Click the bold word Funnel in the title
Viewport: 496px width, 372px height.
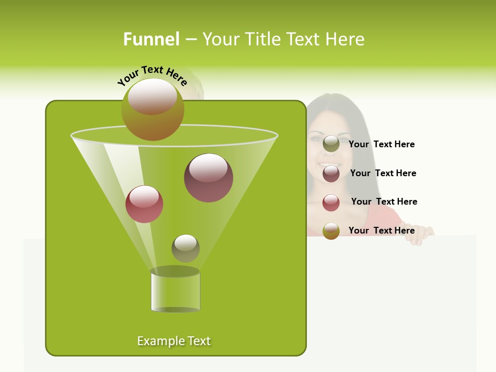point(151,39)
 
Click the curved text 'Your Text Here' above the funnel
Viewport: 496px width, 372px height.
point(152,75)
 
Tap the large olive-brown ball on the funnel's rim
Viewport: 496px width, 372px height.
point(152,109)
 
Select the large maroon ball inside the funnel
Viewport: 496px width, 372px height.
point(208,178)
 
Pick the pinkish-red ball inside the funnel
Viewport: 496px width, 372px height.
point(144,204)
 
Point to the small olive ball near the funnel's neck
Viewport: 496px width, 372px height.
point(185,248)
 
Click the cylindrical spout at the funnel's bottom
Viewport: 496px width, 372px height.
point(175,292)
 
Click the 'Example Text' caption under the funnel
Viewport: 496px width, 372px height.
point(174,341)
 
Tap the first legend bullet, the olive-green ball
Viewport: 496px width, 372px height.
point(331,144)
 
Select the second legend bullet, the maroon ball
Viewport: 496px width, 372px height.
point(331,174)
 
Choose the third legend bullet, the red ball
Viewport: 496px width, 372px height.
point(331,203)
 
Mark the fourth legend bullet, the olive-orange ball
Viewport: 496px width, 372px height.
point(331,231)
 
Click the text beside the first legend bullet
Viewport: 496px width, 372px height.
point(381,145)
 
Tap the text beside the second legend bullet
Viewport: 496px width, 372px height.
point(383,173)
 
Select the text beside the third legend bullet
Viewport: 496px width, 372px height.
point(384,202)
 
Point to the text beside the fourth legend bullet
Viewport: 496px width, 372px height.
point(381,230)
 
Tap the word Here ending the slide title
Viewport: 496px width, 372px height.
point(346,39)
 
